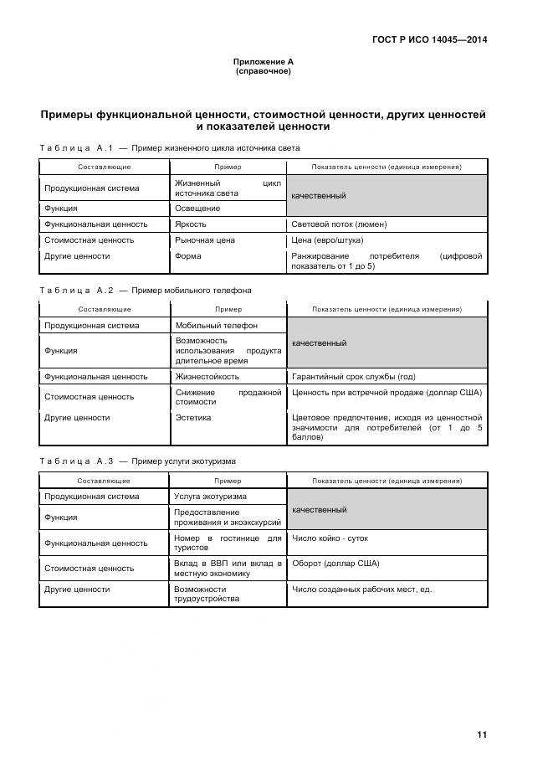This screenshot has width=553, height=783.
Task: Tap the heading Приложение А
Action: coord(263,62)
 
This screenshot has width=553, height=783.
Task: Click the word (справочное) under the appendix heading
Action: coord(263,71)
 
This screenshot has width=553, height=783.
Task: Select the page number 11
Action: coord(482,735)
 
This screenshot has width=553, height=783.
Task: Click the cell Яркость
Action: coord(191,224)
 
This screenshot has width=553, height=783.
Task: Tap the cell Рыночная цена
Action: coord(205,240)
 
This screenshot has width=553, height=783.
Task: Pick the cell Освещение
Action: coord(197,209)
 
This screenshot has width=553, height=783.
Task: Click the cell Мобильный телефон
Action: coord(216,326)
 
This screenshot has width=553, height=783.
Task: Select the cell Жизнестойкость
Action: coord(207,377)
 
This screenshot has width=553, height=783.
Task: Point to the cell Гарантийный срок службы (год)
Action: coord(353,377)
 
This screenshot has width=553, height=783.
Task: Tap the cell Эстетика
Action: coord(193,417)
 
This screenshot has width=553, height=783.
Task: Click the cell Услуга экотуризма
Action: coord(211,497)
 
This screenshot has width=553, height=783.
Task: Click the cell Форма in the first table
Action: coord(188,256)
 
